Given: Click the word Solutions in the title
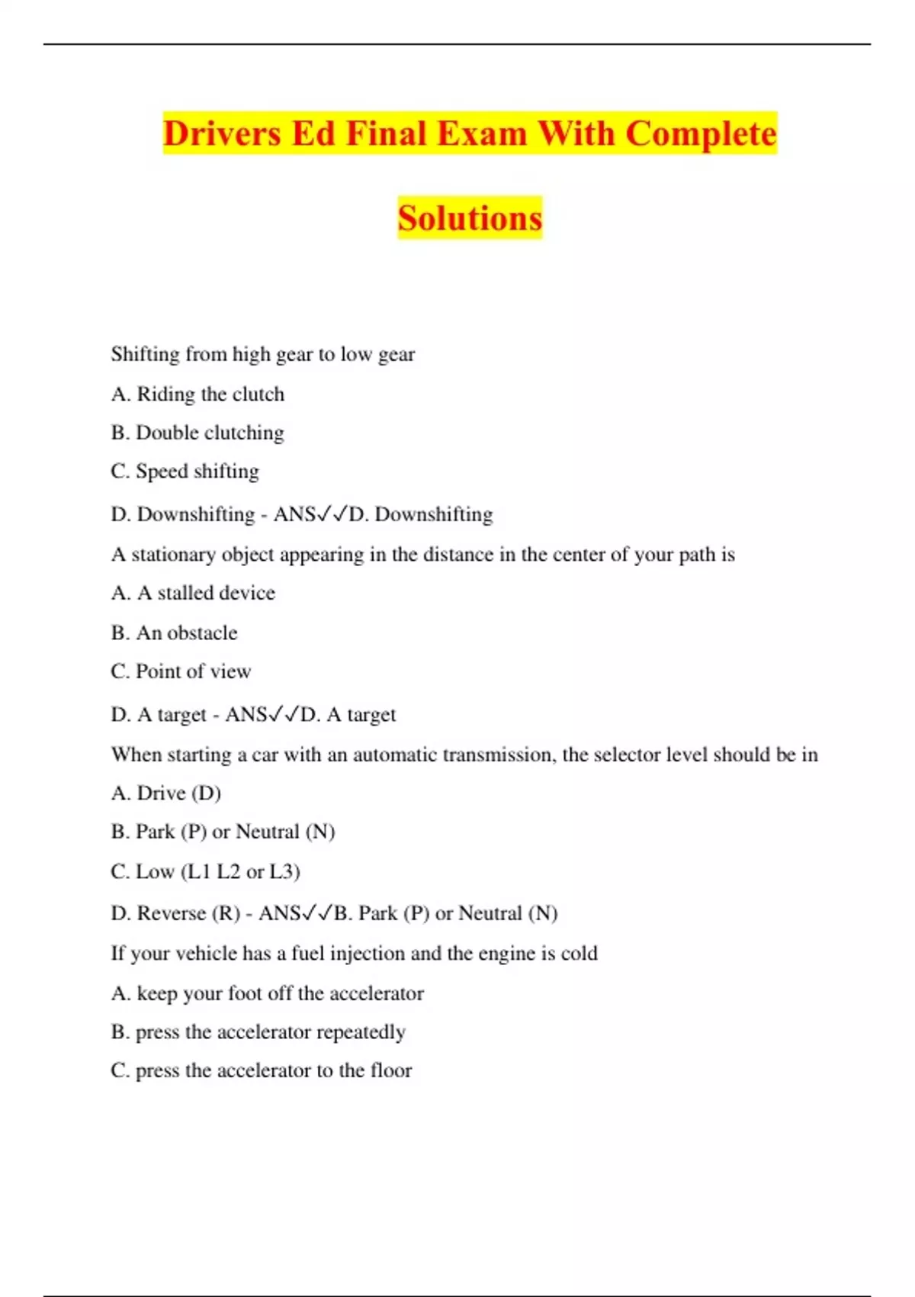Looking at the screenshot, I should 470,218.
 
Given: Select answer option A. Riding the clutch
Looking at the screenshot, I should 197,394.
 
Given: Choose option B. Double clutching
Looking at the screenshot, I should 197,433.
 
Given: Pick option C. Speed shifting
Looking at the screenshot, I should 185,471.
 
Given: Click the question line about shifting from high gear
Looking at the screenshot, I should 263,354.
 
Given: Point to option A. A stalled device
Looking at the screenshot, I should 193,593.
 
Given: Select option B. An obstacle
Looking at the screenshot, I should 174,632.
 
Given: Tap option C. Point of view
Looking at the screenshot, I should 181,671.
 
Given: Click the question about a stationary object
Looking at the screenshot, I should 423,555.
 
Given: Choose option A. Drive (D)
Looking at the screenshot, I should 166,793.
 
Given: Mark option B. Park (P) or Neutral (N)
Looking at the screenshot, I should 223,832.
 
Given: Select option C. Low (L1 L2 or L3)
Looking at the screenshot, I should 205,871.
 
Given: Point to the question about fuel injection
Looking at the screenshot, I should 355,954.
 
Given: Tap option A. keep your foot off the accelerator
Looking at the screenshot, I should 268,993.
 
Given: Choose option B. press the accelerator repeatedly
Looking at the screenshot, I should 258,1032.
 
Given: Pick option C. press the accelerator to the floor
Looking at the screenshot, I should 262,1070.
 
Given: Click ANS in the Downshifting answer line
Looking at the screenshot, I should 294,514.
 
